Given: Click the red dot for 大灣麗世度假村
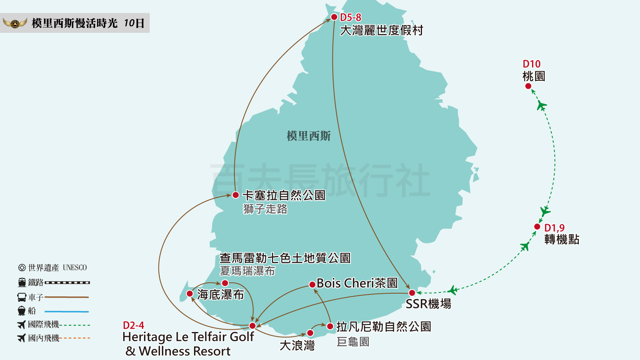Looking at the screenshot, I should tap(334, 17).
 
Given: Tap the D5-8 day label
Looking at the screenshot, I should tap(350, 17).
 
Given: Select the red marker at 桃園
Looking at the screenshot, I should tap(528, 86).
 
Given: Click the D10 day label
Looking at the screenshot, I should tap(531, 64).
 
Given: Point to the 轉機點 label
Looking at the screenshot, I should tap(562, 240).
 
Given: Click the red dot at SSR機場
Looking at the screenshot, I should tap(412, 293).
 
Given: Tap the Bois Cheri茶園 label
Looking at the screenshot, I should tap(357, 283).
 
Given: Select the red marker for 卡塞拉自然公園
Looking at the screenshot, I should tap(236, 195).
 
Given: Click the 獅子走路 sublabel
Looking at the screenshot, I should tap(265, 209).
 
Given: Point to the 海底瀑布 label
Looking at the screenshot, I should tap(220, 295).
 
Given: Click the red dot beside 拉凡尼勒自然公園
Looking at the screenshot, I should tap(330, 326).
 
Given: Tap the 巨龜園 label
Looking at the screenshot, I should tap(353, 342).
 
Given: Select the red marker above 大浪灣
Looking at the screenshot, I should tap(310, 333).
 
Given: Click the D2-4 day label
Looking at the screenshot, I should tap(134, 325).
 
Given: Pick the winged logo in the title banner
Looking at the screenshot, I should tap(15, 23).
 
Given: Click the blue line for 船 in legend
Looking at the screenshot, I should tap(66, 311).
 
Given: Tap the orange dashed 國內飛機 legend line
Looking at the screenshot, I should tap(75, 338).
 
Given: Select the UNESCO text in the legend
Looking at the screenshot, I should tap(75, 268).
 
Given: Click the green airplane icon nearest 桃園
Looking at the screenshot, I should tap(542, 106).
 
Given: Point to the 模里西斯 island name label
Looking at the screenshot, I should tap(308, 136).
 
